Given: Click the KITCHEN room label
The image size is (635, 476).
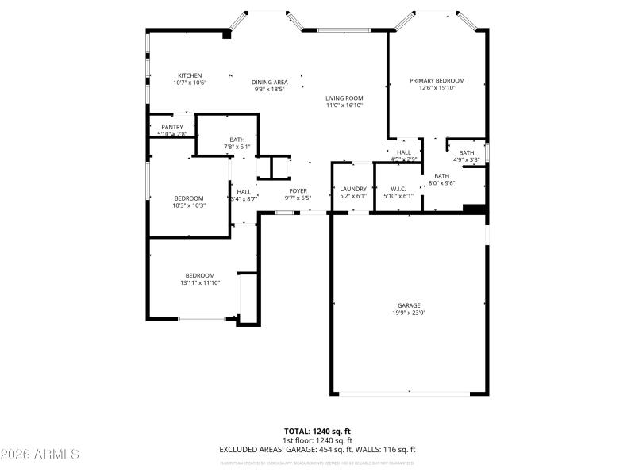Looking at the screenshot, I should click(x=190, y=75).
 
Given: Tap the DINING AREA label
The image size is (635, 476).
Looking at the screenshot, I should click(x=270, y=82).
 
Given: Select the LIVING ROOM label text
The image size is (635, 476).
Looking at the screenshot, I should click(x=344, y=98).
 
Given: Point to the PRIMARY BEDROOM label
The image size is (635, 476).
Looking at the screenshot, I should click(x=437, y=81).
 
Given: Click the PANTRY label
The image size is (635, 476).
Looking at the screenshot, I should click(x=172, y=127).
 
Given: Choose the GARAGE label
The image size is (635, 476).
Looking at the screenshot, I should click(x=409, y=305).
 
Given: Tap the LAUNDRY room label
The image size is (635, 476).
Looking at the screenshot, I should click(x=353, y=189).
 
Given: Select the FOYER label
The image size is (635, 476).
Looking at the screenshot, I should click(x=298, y=190).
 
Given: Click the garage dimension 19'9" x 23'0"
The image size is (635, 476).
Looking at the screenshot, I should click(x=409, y=313).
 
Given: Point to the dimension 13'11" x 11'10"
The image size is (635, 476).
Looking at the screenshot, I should click(x=200, y=282).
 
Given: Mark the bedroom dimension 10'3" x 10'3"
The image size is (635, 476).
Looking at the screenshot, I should click(x=190, y=205).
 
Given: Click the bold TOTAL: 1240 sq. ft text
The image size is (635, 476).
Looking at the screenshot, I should click(x=317, y=431).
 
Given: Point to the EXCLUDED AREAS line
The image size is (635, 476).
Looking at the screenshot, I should click(x=317, y=450).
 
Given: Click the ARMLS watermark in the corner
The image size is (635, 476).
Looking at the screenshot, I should click(x=40, y=455).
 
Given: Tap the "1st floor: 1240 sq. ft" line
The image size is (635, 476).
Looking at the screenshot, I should click(x=317, y=440).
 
